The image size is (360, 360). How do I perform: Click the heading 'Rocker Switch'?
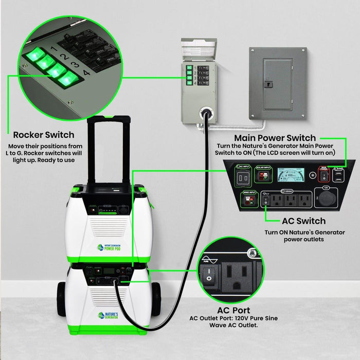(x=44, y=135)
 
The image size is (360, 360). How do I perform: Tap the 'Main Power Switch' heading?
(x=275, y=138)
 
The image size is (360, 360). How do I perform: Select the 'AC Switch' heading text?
(x=303, y=221)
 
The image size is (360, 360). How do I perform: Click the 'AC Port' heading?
(x=233, y=311)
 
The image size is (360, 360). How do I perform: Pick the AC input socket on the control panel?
(x=243, y=177)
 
